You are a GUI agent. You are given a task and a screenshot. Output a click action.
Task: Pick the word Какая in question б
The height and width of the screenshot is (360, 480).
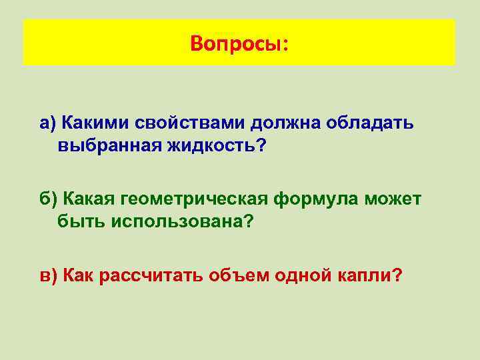point(89,198)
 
